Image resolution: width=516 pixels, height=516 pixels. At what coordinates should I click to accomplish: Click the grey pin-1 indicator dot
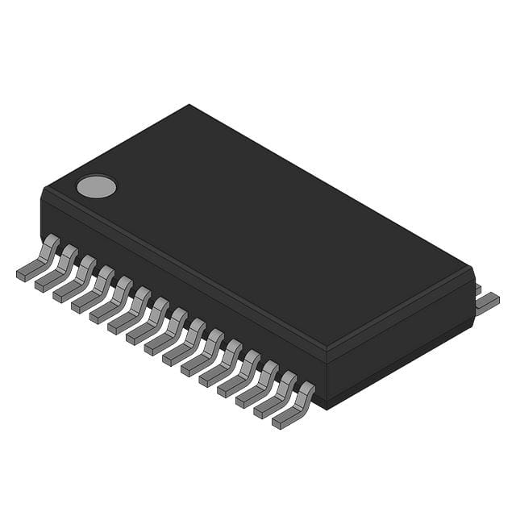point(96,186)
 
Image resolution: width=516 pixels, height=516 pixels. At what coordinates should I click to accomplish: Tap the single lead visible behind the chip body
point(487,302)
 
